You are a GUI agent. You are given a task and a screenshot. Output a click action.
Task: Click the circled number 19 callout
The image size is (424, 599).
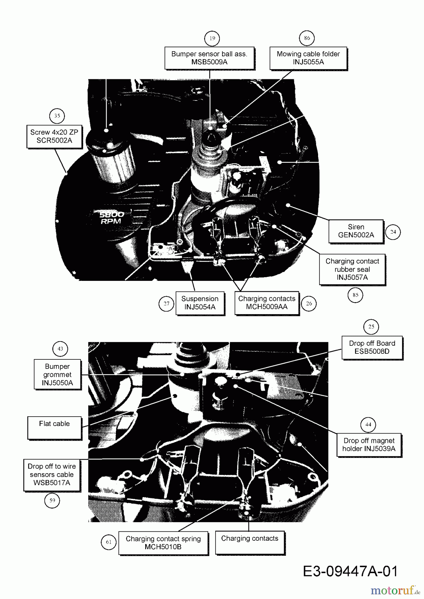click(212, 38)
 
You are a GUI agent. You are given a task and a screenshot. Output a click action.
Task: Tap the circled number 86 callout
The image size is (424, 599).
click(307, 38)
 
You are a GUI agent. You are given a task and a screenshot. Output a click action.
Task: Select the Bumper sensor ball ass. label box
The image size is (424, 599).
click(210, 58)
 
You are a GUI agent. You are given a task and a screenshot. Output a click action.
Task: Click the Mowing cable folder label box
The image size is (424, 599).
click(308, 58)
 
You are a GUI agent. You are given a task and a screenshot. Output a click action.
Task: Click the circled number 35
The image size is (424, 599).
click(57, 116)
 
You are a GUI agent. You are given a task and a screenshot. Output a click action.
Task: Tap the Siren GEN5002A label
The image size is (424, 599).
click(356, 231)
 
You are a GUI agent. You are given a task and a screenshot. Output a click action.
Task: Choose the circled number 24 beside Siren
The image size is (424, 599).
click(393, 232)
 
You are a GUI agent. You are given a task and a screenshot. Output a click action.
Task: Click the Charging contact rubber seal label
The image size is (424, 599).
click(352, 270)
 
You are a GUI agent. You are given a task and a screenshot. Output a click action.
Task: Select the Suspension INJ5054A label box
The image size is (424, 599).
click(200, 303)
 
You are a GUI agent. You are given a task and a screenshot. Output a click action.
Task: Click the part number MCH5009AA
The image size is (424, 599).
click(267, 307)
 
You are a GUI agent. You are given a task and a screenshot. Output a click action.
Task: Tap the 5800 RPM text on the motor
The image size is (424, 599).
click(112, 218)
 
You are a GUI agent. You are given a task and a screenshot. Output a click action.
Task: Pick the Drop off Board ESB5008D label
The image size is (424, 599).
click(372, 347)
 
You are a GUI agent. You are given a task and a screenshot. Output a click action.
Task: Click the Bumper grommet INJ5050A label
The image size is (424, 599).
click(57, 374)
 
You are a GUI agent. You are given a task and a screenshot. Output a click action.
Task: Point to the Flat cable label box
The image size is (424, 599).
click(54, 428)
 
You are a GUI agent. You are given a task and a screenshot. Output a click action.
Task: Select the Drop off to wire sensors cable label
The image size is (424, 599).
click(52, 475)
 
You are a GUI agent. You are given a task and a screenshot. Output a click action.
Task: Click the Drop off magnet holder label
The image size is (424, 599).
click(369, 445)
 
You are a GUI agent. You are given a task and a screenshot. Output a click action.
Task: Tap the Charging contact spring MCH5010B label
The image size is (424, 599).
click(163, 543)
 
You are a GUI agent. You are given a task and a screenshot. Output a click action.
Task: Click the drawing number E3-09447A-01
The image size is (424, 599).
click(350, 572)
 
